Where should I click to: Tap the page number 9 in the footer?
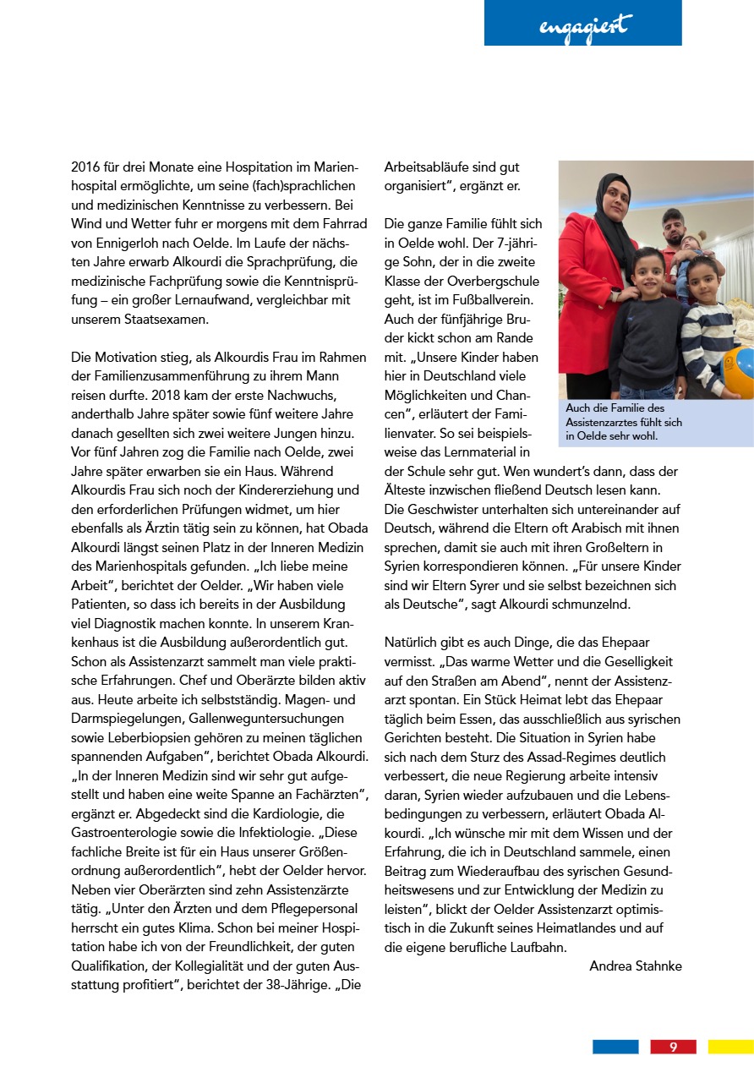coord(673,1047)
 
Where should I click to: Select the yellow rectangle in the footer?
coord(730,1047)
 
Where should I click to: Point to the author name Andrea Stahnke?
coord(635,966)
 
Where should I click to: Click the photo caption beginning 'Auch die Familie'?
coord(623,422)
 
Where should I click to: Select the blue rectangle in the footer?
coord(615,1047)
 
